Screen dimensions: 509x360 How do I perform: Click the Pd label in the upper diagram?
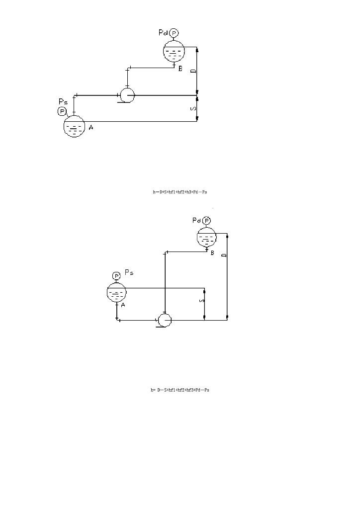click(x=163, y=33)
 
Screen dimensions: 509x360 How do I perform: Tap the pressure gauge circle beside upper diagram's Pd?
click(x=174, y=33)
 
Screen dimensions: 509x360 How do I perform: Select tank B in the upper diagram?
click(x=174, y=51)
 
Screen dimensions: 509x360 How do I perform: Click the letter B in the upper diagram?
click(x=180, y=69)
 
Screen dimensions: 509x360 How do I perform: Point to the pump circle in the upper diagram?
click(x=127, y=94)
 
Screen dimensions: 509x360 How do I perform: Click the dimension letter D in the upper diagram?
click(x=193, y=71)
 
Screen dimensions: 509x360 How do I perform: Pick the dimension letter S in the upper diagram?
click(x=193, y=108)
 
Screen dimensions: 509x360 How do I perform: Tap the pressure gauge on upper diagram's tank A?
click(x=63, y=111)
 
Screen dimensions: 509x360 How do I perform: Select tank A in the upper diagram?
click(x=74, y=127)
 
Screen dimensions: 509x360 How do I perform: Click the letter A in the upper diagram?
click(x=91, y=128)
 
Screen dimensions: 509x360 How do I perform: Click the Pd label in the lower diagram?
click(x=196, y=220)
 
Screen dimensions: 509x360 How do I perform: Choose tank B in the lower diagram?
click(x=207, y=239)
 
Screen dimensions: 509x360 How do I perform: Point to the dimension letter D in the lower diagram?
click(x=223, y=255)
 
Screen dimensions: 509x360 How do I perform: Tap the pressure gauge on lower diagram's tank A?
click(x=116, y=275)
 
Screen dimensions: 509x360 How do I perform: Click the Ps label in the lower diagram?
click(x=128, y=272)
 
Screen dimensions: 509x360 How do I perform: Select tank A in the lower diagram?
click(x=117, y=293)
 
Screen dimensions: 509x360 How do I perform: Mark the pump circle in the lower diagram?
click(x=164, y=320)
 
